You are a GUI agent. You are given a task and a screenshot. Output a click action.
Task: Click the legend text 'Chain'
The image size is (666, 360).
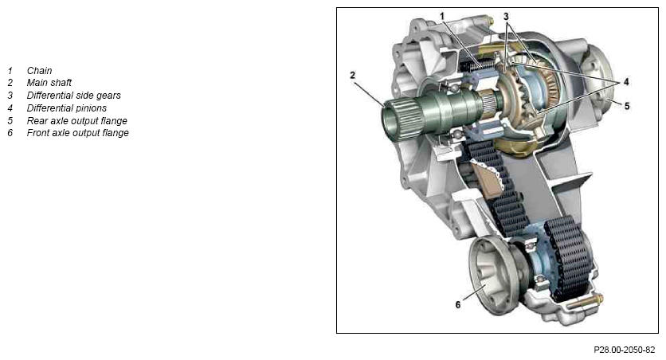pyautogui.click(x=39, y=70)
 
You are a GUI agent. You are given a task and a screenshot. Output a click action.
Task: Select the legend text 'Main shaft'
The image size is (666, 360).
pyautogui.click(x=49, y=82)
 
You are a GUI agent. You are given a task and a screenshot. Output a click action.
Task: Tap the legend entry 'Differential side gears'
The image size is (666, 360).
pyautogui.click(x=73, y=95)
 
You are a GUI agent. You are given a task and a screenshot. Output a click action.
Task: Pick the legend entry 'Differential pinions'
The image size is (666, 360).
pyautogui.click(x=67, y=108)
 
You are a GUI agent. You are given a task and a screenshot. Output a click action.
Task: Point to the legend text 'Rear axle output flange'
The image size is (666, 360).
pyautogui.click(x=77, y=120)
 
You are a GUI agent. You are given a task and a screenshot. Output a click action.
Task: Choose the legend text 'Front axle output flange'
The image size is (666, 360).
pyautogui.click(x=78, y=133)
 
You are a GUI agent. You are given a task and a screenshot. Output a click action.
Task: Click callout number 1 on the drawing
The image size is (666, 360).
pyautogui.click(x=441, y=16)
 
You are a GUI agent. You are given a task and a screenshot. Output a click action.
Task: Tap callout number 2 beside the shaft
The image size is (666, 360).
pyautogui.click(x=352, y=75)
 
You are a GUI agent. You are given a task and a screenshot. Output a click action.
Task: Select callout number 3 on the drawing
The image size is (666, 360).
pyautogui.click(x=506, y=16)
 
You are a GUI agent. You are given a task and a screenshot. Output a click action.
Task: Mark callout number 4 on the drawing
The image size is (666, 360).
pyautogui.click(x=626, y=81)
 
